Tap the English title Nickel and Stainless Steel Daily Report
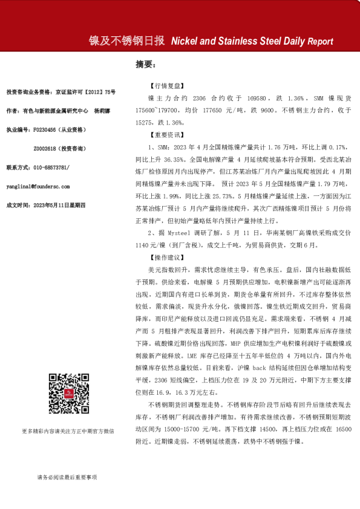tap(252, 41)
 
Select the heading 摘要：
tap(146, 64)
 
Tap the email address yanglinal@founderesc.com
tap(38, 186)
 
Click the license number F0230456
tap(45, 130)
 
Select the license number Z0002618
tap(47, 148)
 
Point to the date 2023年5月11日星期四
tap(57, 204)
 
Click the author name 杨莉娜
tap(100, 111)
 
